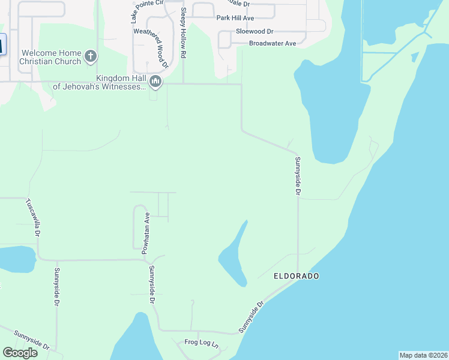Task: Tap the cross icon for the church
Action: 91,57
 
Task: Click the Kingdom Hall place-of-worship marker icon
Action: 155,81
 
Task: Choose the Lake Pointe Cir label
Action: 147,3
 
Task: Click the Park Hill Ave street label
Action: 235,18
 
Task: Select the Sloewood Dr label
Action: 255,31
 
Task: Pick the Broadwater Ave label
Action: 273,43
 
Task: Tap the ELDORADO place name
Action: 296,276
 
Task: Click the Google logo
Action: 20,353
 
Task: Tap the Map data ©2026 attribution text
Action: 423,355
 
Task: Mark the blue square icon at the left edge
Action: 2,44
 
